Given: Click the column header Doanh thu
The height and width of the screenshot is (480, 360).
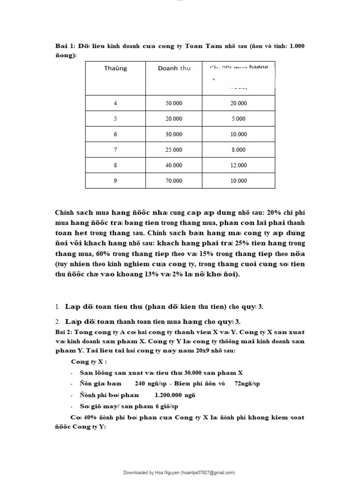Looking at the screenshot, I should pyautogui.click(x=174, y=68).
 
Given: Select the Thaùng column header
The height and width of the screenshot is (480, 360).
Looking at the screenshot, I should pyautogui.click(x=115, y=68).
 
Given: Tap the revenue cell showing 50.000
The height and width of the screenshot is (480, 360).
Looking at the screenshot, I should pyautogui.click(x=174, y=104).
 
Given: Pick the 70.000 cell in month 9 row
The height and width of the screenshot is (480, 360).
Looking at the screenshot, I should pyautogui.click(x=174, y=181).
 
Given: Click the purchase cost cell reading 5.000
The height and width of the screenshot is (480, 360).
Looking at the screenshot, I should pyautogui.click(x=238, y=119).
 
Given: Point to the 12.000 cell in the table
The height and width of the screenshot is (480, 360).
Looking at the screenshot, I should pyautogui.click(x=238, y=165).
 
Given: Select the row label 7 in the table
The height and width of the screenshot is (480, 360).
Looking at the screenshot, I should pyautogui.click(x=115, y=150).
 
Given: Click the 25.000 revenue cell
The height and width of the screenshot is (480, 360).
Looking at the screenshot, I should pyautogui.click(x=174, y=150).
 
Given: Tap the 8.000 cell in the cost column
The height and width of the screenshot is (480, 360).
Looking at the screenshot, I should pyautogui.click(x=238, y=150).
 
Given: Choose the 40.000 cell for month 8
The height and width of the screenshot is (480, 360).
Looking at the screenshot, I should pyautogui.click(x=174, y=165).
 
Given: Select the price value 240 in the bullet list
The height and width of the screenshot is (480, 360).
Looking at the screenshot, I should pyautogui.click(x=141, y=383).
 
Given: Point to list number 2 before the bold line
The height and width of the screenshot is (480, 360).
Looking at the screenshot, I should pyautogui.click(x=57, y=322).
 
